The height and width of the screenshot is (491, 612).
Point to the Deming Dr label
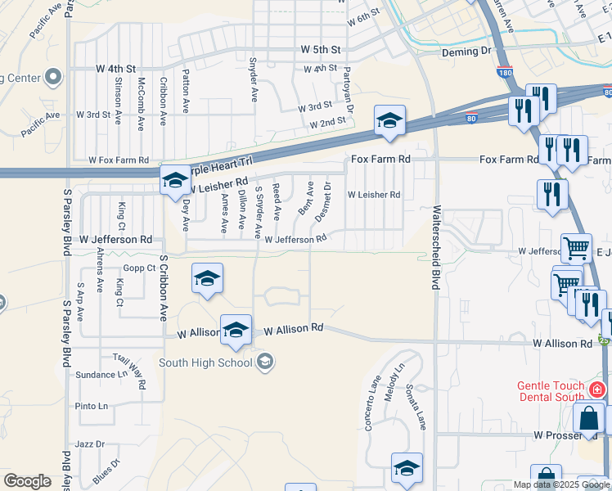point(464,52)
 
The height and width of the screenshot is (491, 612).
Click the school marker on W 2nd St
point(389,120)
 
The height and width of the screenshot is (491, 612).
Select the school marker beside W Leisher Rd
point(174,181)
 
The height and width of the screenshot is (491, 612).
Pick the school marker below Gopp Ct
point(208,278)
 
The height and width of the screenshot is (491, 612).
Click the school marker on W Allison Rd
point(236,330)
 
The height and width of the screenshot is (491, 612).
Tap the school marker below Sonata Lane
point(407,468)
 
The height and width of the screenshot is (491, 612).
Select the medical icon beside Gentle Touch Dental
point(598,390)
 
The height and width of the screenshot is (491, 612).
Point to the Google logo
point(27,481)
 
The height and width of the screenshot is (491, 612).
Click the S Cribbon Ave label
point(163,287)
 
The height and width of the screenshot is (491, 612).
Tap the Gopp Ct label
point(139,268)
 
